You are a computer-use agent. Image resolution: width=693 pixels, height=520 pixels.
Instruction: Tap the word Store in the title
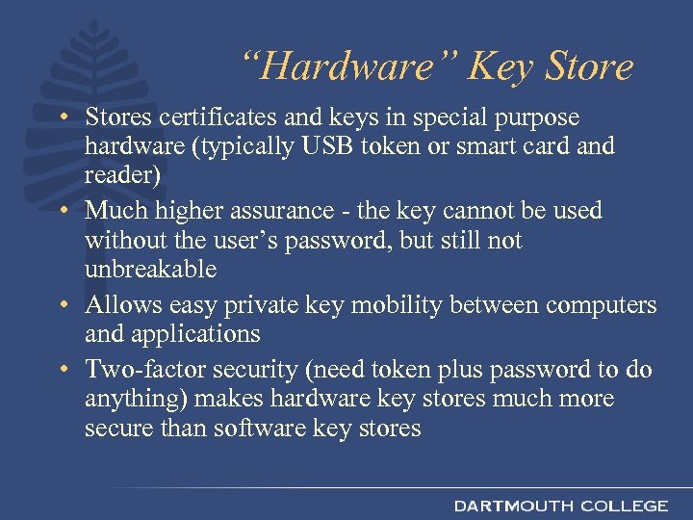[x=590, y=67]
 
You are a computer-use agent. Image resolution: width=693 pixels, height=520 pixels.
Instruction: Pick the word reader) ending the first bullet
[x=119, y=176]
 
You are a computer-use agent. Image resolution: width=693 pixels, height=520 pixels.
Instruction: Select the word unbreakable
[x=150, y=271]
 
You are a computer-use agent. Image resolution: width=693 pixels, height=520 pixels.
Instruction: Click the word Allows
[x=122, y=305]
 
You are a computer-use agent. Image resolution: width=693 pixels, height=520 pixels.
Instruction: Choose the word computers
[x=602, y=305]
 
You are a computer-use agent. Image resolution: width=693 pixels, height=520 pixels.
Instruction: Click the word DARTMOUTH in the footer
[x=509, y=506]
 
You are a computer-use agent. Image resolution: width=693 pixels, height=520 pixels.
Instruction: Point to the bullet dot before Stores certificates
[x=61, y=118]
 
